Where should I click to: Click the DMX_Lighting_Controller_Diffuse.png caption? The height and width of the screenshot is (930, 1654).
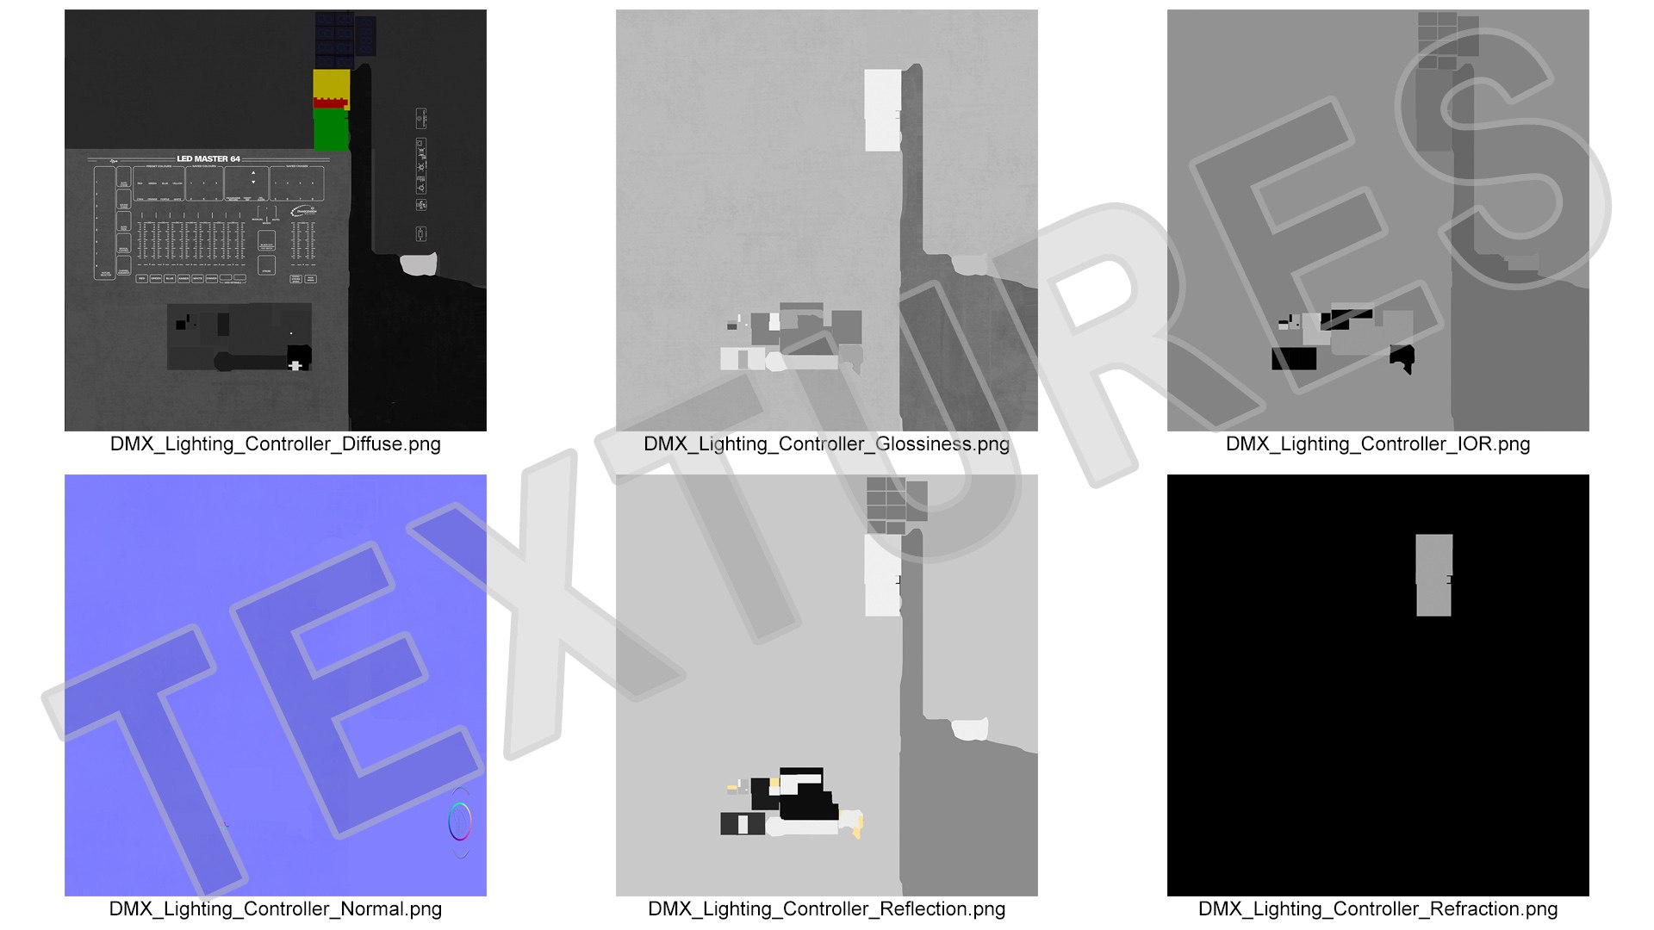(x=275, y=444)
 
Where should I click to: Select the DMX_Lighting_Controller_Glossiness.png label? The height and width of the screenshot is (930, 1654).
(x=826, y=444)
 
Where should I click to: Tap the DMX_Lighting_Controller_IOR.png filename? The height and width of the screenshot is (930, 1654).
(x=1377, y=444)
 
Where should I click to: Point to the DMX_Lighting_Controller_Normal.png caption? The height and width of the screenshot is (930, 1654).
(x=275, y=909)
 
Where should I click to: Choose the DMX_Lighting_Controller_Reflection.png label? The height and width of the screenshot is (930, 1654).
(x=826, y=909)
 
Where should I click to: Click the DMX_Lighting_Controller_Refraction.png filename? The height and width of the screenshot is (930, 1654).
(x=1377, y=909)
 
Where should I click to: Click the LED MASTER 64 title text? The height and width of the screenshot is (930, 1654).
(x=208, y=158)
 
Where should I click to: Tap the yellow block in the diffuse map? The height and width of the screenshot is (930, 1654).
(x=331, y=84)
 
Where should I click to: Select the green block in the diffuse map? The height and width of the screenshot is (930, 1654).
(x=331, y=130)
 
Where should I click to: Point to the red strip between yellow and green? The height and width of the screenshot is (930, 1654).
(x=330, y=103)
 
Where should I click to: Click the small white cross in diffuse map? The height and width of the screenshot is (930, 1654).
(x=295, y=366)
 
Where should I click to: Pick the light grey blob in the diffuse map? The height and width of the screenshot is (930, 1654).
(x=419, y=264)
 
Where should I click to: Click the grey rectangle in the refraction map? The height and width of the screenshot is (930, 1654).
(x=1433, y=575)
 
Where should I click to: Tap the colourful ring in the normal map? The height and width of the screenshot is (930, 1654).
(x=460, y=821)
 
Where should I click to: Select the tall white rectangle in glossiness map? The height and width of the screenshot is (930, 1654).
(x=882, y=110)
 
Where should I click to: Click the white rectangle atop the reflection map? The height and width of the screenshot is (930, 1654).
(x=882, y=575)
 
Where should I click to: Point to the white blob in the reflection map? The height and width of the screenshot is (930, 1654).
(x=970, y=729)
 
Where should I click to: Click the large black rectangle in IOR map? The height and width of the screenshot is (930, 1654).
(x=1294, y=358)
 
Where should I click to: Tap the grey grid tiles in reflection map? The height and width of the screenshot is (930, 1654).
(x=896, y=505)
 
